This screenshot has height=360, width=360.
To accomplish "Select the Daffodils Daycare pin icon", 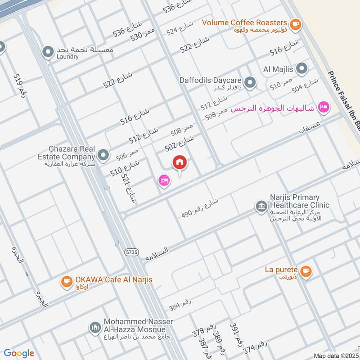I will click(250, 82).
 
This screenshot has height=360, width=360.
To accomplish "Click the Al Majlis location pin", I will click(302, 69).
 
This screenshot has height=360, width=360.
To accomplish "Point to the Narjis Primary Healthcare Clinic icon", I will click(261, 206).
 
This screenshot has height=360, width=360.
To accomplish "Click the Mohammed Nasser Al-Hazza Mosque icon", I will click(94, 327).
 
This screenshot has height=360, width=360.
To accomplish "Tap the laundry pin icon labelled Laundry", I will click(48, 53).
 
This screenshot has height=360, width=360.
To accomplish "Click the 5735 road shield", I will click(132, 252).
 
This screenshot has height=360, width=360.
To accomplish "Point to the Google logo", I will click(18, 353).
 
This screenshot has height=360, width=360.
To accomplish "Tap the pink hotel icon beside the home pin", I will click(164, 181).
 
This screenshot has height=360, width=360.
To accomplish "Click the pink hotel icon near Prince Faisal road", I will click(323, 107).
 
